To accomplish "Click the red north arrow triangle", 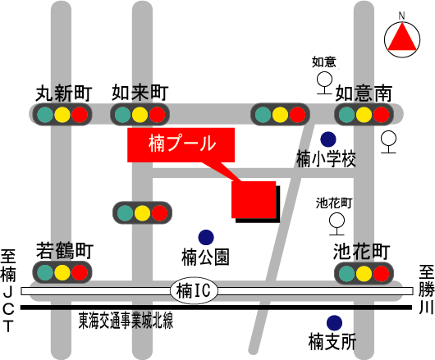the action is [x=402, y=39].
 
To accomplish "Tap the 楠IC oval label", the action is [x=194, y=291].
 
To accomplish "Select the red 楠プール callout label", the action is [x=181, y=145].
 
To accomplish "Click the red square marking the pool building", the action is [x=254, y=199].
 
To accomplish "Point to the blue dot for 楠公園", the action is [x=206, y=238].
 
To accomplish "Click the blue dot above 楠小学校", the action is [x=328, y=139].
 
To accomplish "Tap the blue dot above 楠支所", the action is [x=334, y=323].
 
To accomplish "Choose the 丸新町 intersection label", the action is [x=64, y=93].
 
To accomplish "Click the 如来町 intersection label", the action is [x=140, y=93].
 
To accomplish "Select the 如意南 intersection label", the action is [x=364, y=93].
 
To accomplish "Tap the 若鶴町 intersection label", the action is [x=65, y=251].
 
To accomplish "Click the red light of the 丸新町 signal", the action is [x=80, y=115].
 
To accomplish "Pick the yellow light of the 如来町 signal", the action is [x=140, y=115].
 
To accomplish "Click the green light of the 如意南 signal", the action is [x=347, y=115].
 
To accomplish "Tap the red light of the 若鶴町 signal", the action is [x=80, y=272].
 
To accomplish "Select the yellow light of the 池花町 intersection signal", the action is [x=364, y=273].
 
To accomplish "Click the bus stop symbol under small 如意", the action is [x=324, y=83].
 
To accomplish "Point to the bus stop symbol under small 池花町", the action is [x=337, y=224].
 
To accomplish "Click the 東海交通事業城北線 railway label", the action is [x=126, y=321].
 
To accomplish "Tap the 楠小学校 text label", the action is [x=327, y=159].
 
